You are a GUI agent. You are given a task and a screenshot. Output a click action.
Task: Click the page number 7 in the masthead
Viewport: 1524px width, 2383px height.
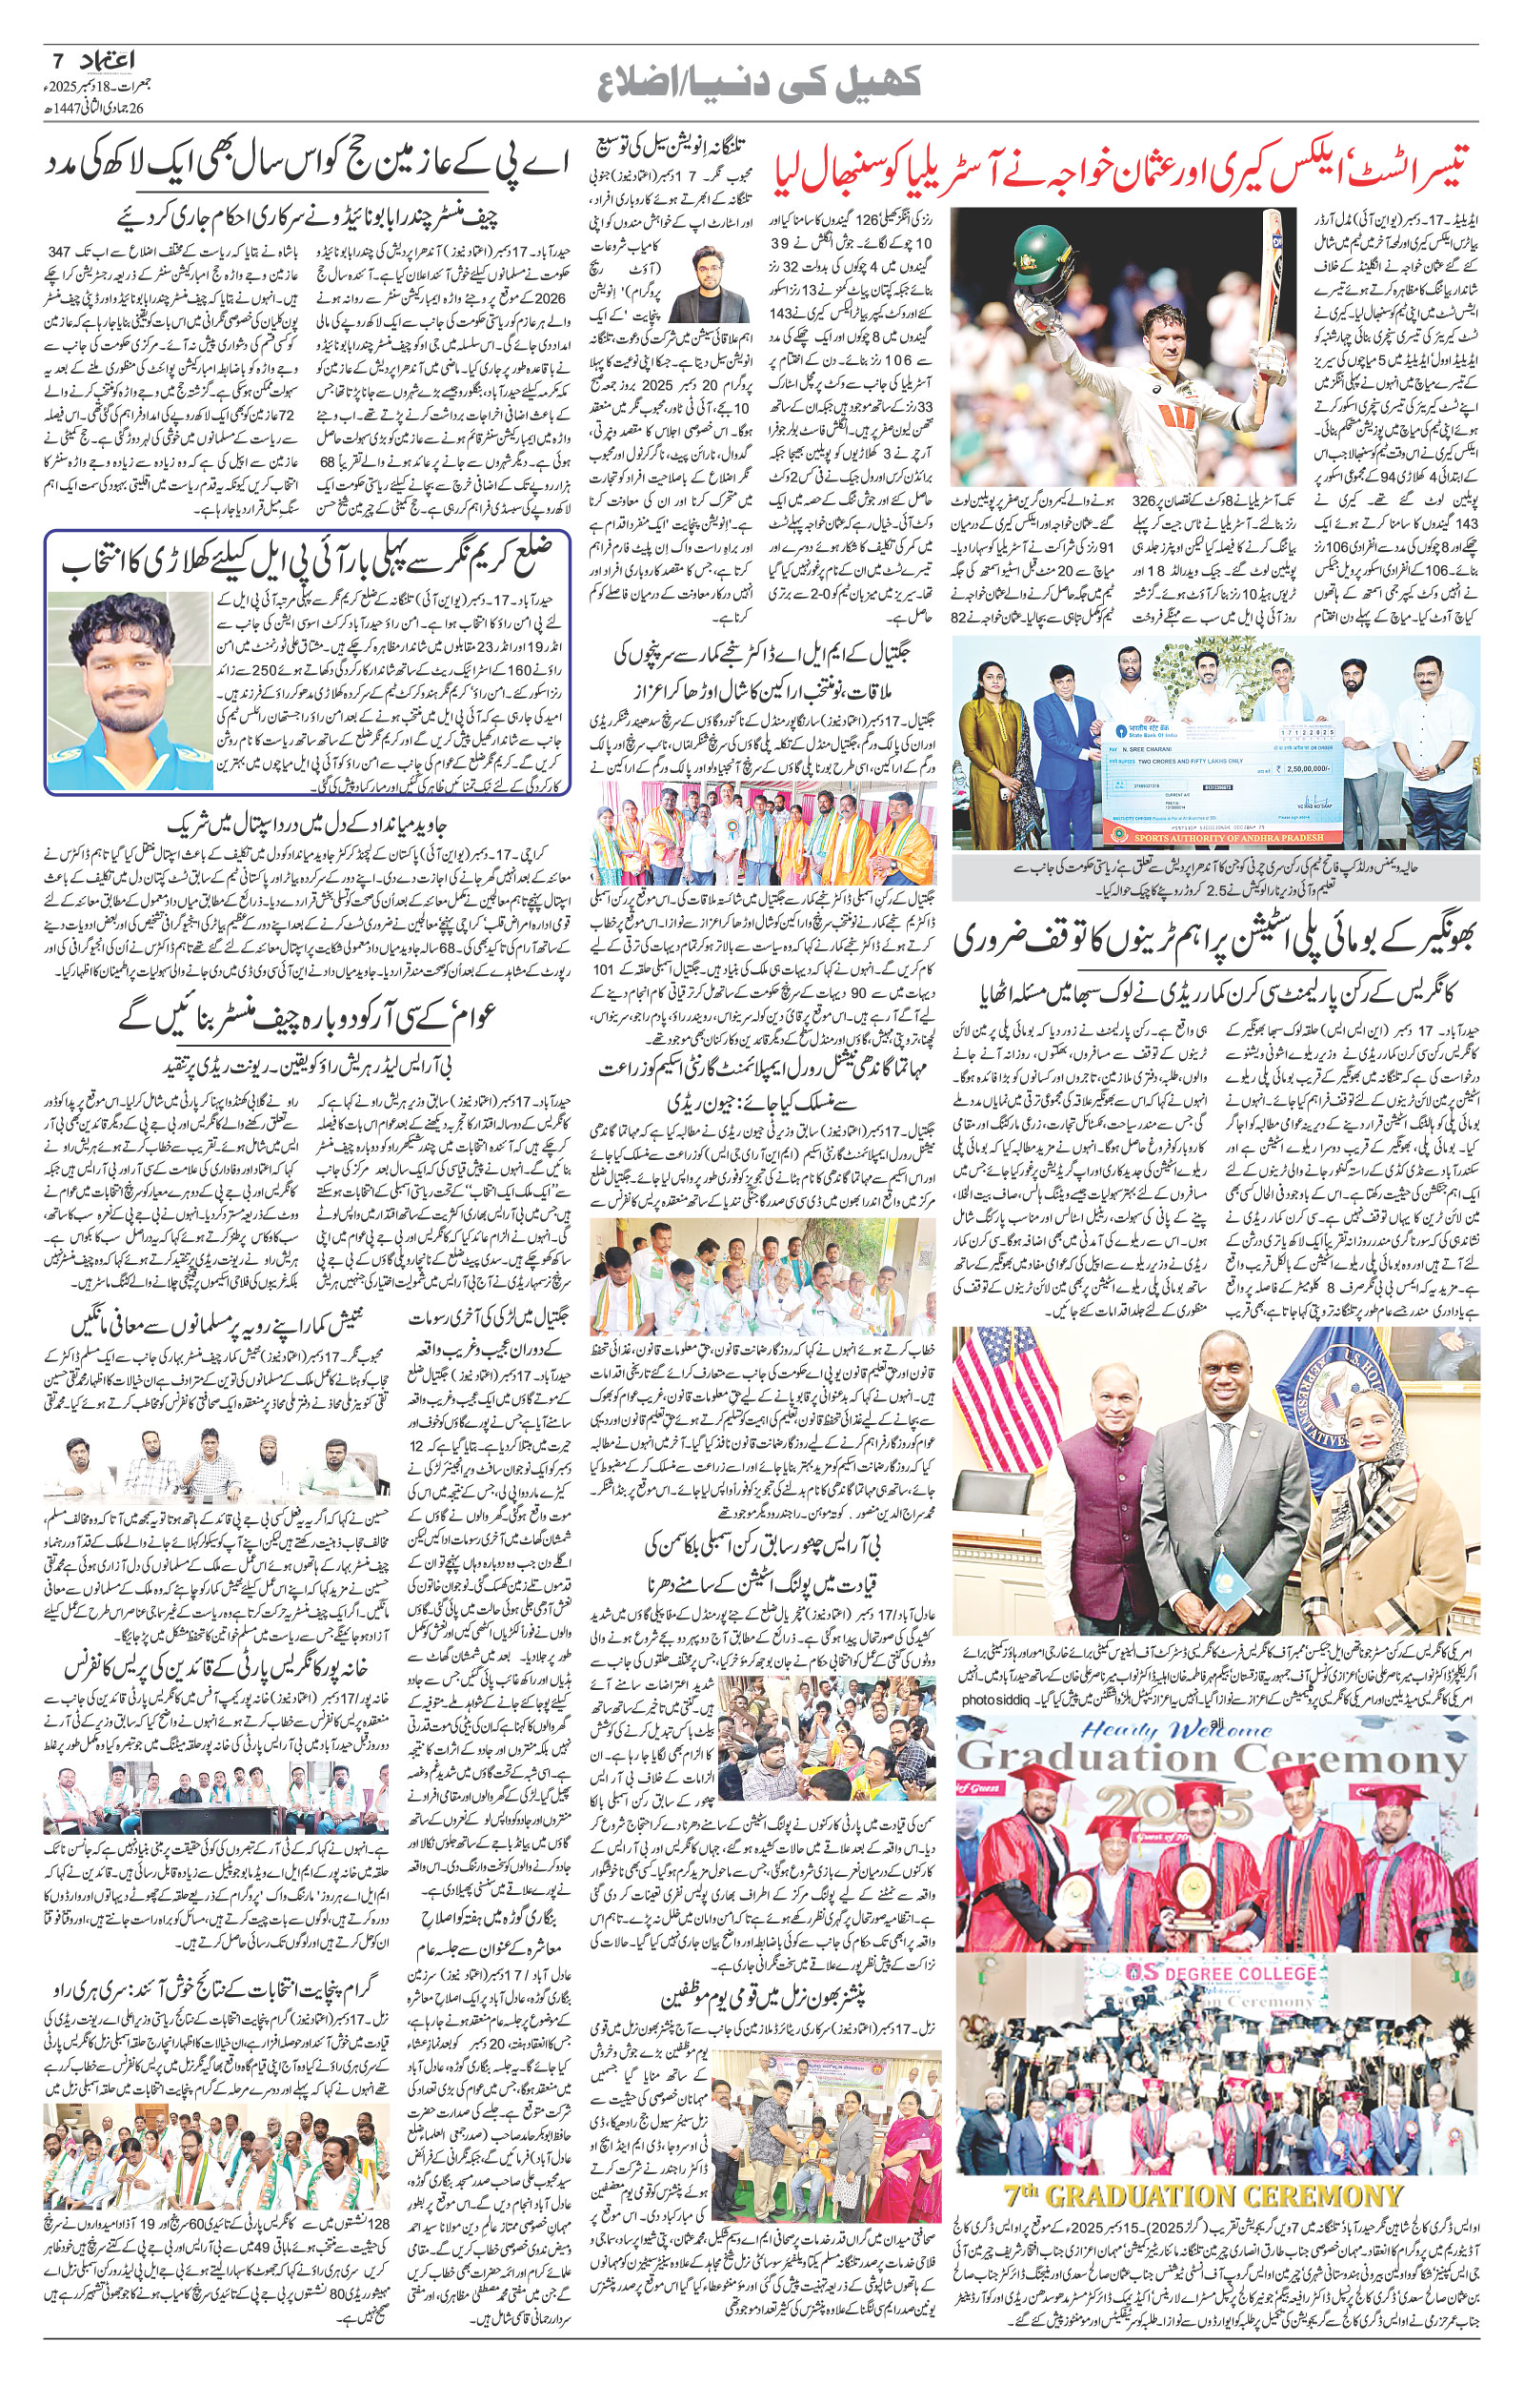[x=55, y=61]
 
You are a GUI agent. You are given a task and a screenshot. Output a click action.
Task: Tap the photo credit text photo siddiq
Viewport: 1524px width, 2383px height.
[x=1000, y=1698]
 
